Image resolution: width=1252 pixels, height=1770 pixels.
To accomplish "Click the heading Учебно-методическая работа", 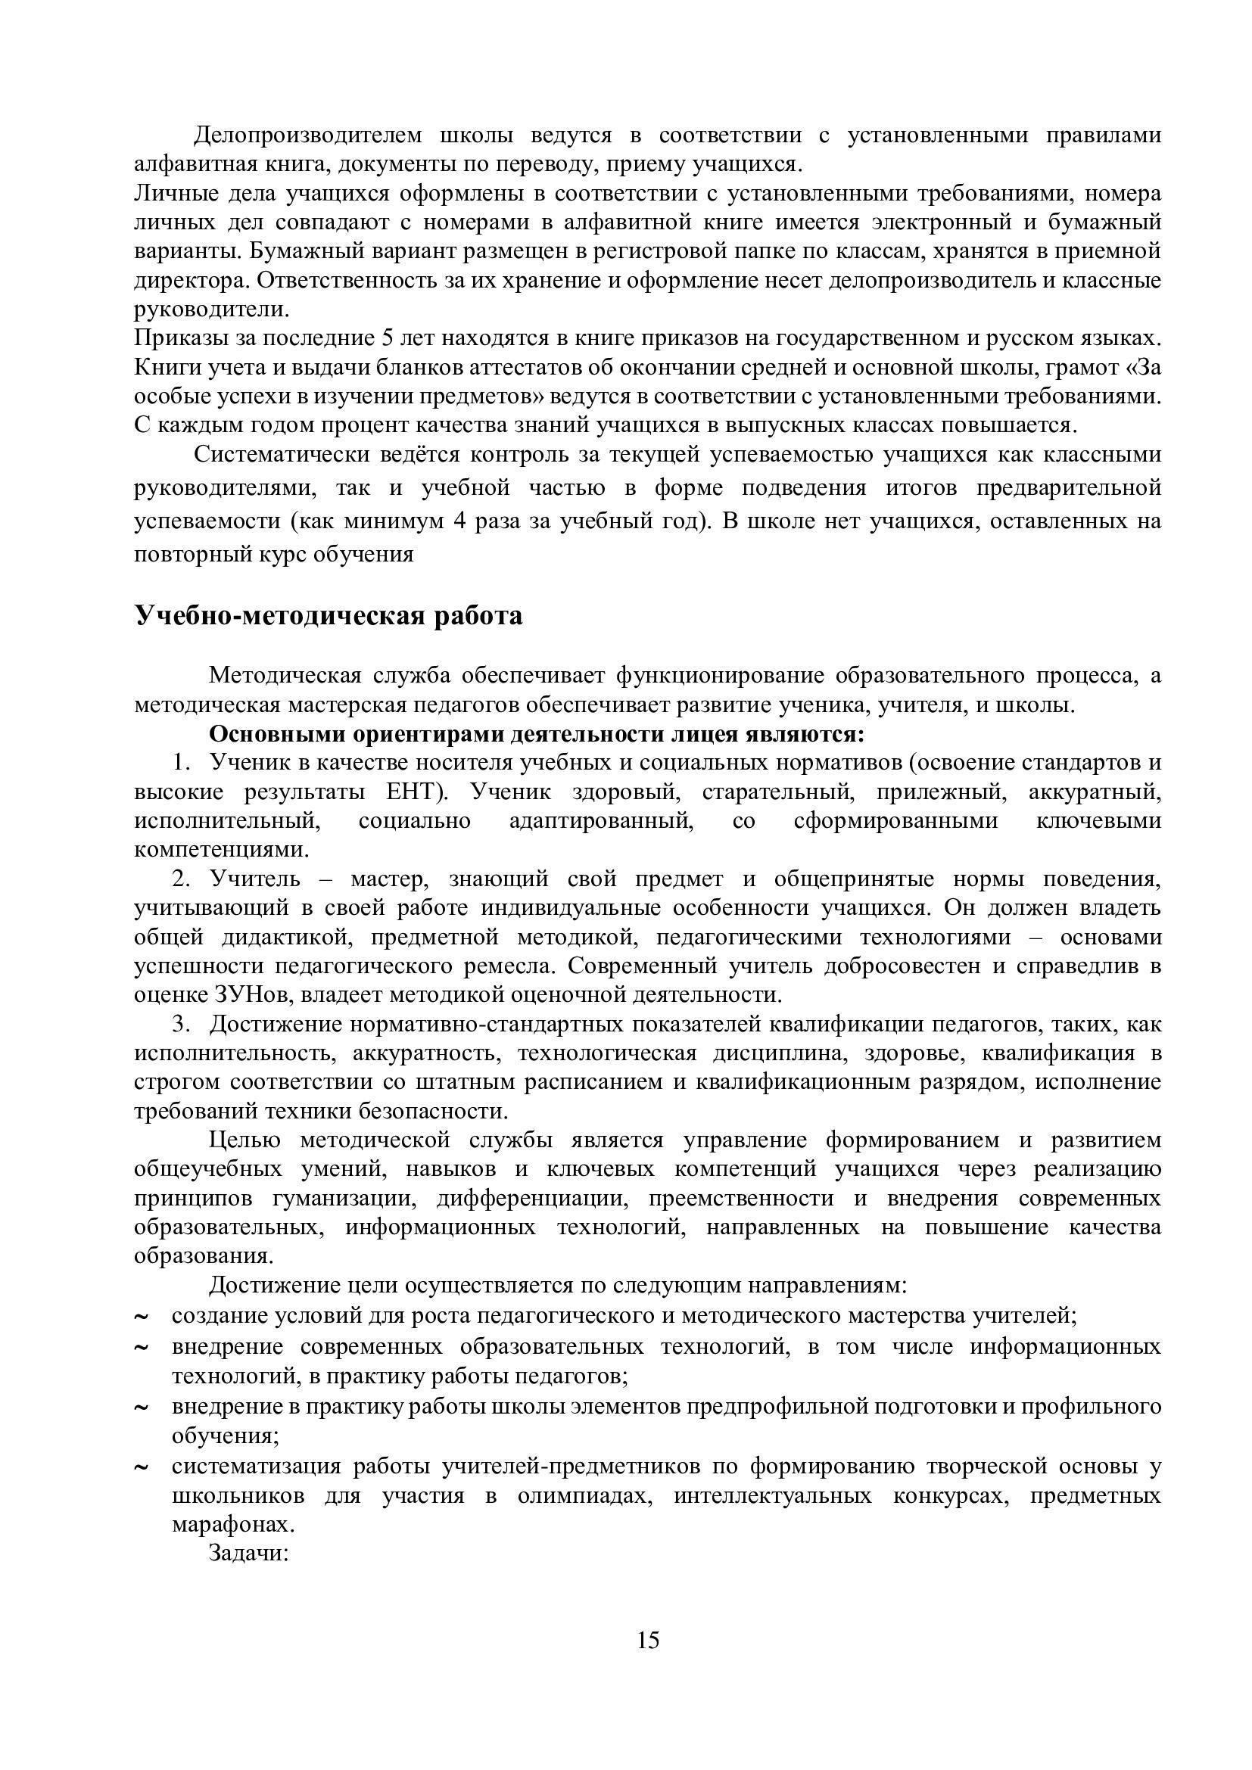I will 329,616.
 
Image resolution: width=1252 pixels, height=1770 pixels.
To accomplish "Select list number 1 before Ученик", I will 180,763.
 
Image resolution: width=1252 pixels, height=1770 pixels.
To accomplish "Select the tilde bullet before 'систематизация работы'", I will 141,1468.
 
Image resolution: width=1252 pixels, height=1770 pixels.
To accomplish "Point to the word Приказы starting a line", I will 178,338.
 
